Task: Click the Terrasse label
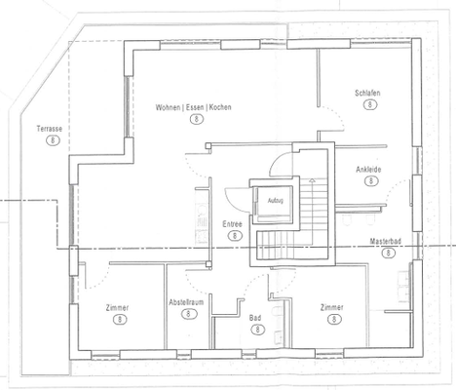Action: (50, 129)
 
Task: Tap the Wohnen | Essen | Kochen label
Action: (193, 107)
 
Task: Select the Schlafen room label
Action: (367, 94)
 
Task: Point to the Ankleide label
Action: (368, 170)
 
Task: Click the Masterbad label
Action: (386, 241)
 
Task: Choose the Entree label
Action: (232, 224)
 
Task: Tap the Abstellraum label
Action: (186, 302)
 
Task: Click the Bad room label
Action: (255, 318)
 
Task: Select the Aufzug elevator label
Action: (276, 201)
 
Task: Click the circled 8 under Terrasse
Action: (53, 140)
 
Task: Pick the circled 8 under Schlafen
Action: (370, 104)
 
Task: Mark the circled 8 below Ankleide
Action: (371, 180)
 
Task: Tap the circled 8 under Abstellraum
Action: (188, 314)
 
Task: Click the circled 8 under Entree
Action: (235, 235)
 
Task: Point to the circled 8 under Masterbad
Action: (388, 253)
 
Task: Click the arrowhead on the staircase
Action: (312, 180)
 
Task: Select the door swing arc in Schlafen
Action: (338, 114)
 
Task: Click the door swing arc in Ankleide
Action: (393, 188)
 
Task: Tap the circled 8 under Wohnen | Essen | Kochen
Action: (197, 119)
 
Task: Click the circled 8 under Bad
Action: (258, 330)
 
